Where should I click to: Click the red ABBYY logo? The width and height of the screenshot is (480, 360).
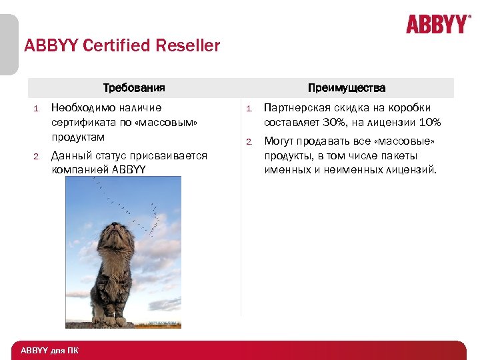pos(437,25)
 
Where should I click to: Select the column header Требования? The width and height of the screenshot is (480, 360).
pos(134,88)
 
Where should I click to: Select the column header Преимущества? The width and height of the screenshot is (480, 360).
pos(347,88)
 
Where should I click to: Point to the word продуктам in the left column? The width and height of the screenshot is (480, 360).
pos(78,137)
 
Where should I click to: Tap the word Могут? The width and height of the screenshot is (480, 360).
pos(280,141)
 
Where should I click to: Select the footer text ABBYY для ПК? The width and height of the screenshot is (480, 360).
pos(49,350)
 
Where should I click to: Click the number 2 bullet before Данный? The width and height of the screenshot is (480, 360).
pos(37,156)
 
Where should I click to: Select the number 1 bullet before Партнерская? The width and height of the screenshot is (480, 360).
pos(247,108)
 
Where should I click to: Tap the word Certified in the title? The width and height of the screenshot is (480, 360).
pos(107,46)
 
